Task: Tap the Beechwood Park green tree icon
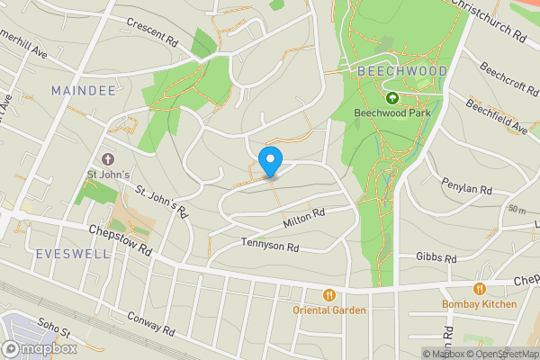(x=391, y=98)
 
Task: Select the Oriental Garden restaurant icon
(x=329, y=295)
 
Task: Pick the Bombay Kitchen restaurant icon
(x=479, y=289)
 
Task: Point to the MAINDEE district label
(x=82, y=91)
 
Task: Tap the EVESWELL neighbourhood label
(x=73, y=254)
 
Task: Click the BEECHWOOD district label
(x=390, y=70)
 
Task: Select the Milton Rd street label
(x=303, y=217)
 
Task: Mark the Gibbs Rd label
(x=436, y=256)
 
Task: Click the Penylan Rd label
(x=466, y=191)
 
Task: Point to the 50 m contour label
(x=517, y=209)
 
